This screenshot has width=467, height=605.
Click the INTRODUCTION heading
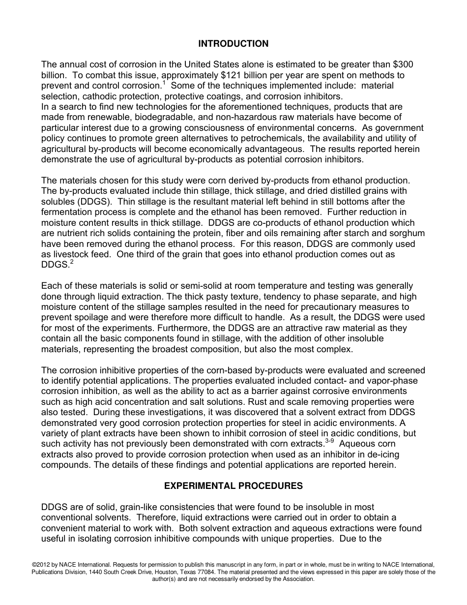tap(233, 44)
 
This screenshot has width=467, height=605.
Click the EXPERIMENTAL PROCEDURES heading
tap(233, 486)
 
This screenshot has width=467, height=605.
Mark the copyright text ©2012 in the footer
tap(41, 564)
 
